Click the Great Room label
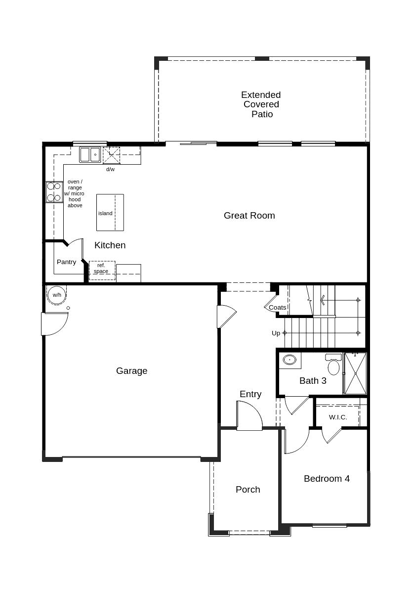coord(249,215)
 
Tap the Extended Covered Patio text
coord(261,104)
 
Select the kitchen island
coord(110,212)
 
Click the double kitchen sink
coord(90,155)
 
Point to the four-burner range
coord(53,192)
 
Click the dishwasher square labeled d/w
coord(111,155)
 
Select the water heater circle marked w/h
coord(57,295)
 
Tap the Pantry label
coord(66,262)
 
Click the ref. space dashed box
coord(102,270)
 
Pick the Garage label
coord(131,370)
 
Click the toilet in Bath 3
coord(333,365)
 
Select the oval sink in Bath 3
coord(290,360)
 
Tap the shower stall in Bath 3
coord(355,373)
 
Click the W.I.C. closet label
coord(338,417)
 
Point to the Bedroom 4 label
coord(327,478)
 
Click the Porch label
coord(248,489)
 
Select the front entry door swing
coord(249,415)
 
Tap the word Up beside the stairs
coord(276,333)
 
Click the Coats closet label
coord(277,307)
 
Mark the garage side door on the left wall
coord(53,324)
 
